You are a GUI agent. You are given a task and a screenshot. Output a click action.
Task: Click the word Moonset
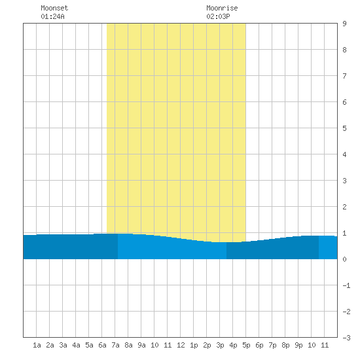[54, 8]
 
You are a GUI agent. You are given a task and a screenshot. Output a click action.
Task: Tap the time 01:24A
[52, 16]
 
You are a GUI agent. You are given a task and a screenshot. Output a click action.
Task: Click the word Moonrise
[222, 8]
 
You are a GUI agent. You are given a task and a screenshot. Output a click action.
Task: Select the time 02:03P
[218, 16]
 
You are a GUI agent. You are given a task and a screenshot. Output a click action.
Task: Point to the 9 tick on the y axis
[344, 24]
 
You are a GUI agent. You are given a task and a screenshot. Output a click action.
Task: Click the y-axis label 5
[344, 128]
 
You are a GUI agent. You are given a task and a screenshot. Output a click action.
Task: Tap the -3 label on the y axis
[346, 338]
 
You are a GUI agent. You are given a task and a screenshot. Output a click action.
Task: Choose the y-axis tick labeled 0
[344, 259]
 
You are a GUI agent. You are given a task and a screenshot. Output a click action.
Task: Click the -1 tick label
[346, 285]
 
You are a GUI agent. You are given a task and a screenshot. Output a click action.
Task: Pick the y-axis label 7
[344, 76]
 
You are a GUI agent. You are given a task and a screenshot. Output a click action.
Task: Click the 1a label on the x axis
[37, 345]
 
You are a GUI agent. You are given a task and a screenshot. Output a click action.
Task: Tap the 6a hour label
[102, 345]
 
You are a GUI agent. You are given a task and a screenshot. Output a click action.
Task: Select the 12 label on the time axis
[181, 345]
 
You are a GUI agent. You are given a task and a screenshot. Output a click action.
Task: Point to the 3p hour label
[220, 345]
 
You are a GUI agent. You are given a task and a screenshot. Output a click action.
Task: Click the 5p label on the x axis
[246, 345]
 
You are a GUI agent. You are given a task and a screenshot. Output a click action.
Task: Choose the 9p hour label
[298, 345]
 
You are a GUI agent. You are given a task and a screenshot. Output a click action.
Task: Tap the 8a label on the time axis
[128, 345]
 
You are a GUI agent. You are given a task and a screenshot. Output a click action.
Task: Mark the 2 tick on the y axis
[344, 207]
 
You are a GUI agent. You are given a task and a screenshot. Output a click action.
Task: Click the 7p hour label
[272, 345]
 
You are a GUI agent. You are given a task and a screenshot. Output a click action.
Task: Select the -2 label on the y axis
[346, 312]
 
